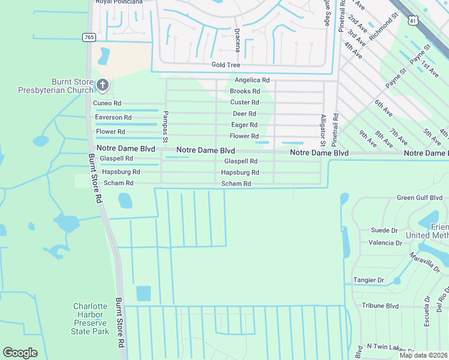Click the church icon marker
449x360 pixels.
click(103, 86)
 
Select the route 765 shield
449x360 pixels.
click(89, 37)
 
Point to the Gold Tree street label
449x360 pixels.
click(226, 65)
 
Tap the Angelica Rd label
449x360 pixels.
click(252, 80)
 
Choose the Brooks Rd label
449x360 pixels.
click(244, 91)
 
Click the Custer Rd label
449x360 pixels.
click(245, 103)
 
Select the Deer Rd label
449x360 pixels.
click(244, 114)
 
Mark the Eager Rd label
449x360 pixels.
click(244, 125)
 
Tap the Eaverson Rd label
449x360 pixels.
click(113, 118)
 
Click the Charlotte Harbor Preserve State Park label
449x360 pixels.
click(91, 318)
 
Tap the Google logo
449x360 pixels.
click(20, 353)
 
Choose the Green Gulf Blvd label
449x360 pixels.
click(419, 197)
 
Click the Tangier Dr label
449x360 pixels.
click(369, 280)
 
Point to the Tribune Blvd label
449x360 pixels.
click(380, 305)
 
